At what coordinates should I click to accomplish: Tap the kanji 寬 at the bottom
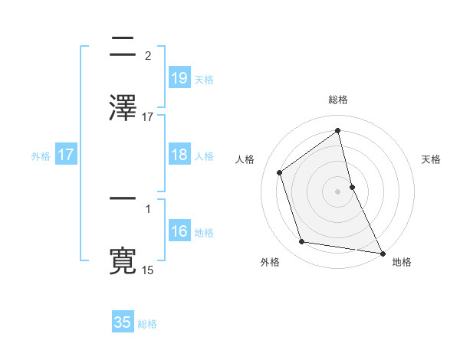click(123, 260)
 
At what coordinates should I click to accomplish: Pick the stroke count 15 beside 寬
click(148, 270)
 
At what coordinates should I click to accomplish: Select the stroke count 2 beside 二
click(148, 55)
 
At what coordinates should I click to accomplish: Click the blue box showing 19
click(179, 78)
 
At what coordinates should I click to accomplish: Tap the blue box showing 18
click(179, 155)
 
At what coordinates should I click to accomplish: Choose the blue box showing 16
click(179, 231)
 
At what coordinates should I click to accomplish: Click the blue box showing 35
click(123, 322)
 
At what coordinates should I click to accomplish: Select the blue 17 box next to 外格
click(65, 155)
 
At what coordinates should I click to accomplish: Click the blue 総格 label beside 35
click(147, 324)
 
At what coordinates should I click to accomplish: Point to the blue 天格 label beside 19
click(204, 79)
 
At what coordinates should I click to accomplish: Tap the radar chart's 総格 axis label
click(338, 100)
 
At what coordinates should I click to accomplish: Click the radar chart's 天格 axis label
click(431, 159)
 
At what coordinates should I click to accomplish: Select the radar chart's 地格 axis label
click(402, 262)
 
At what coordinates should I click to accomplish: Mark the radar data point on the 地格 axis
click(382, 252)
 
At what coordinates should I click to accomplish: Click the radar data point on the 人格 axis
click(280, 172)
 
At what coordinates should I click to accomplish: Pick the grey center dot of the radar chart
click(338, 191)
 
